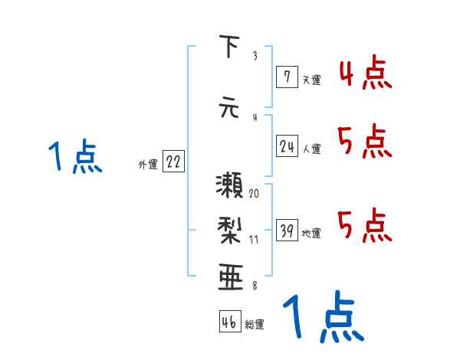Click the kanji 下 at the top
click(228, 47)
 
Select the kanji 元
click(228, 106)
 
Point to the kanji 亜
click(228, 275)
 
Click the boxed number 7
click(286, 76)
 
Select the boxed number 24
click(287, 147)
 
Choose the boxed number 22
click(173, 162)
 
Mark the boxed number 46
click(229, 322)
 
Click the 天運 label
click(310, 78)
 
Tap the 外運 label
click(148, 164)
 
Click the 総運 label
click(255, 324)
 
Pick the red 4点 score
click(363, 74)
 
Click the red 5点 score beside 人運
click(363, 142)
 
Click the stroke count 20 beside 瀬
click(254, 193)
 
